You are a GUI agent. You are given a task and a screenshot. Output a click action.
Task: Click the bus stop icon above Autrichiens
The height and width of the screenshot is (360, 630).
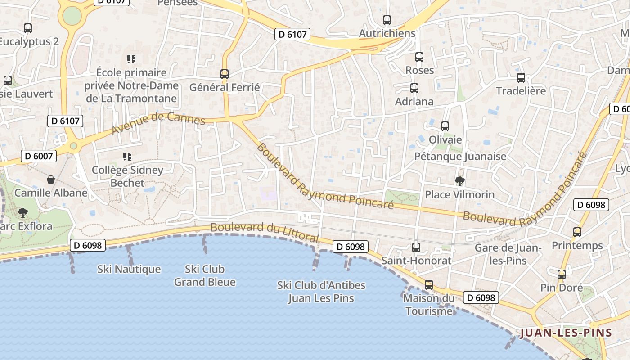pos(387,20)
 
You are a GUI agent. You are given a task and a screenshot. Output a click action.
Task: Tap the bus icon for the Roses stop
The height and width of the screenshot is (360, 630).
pos(419,57)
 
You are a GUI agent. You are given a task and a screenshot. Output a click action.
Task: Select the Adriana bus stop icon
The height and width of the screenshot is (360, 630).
pos(414,88)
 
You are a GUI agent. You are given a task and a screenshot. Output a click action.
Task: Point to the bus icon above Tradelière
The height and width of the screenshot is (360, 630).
pos(521,78)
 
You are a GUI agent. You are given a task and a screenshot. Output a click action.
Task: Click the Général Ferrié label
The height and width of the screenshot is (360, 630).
pos(225,87)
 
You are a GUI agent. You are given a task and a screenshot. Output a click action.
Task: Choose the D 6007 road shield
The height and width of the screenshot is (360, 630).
pos(39,157)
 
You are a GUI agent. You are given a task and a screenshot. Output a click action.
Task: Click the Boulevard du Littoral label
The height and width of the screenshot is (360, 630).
pos(265,232)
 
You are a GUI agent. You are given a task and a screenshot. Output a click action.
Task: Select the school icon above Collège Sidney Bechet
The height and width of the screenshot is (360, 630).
pos(127,157)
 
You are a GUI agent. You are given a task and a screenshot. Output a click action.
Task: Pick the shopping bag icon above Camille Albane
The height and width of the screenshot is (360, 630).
pos(51,180)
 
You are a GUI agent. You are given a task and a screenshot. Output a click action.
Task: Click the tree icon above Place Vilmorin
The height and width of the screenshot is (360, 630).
pos(459,181)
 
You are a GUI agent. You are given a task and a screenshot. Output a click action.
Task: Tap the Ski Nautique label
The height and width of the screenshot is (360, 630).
pos(129,269)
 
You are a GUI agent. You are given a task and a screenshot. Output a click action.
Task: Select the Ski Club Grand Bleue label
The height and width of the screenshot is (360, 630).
pos(205,275)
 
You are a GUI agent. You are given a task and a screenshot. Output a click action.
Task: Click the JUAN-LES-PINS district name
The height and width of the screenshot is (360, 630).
pos(566,333)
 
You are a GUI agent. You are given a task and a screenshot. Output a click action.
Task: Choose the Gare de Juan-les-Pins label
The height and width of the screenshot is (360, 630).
pos(508,254)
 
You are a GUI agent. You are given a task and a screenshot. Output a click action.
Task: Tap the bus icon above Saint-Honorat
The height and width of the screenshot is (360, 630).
pos(416,247)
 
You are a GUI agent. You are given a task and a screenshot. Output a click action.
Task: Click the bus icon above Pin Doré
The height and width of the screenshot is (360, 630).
pos(562,274)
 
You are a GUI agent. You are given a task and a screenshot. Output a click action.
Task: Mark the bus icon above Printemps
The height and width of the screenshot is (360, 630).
pos(577,232)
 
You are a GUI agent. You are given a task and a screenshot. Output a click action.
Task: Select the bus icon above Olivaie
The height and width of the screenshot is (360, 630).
pos(445,126)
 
